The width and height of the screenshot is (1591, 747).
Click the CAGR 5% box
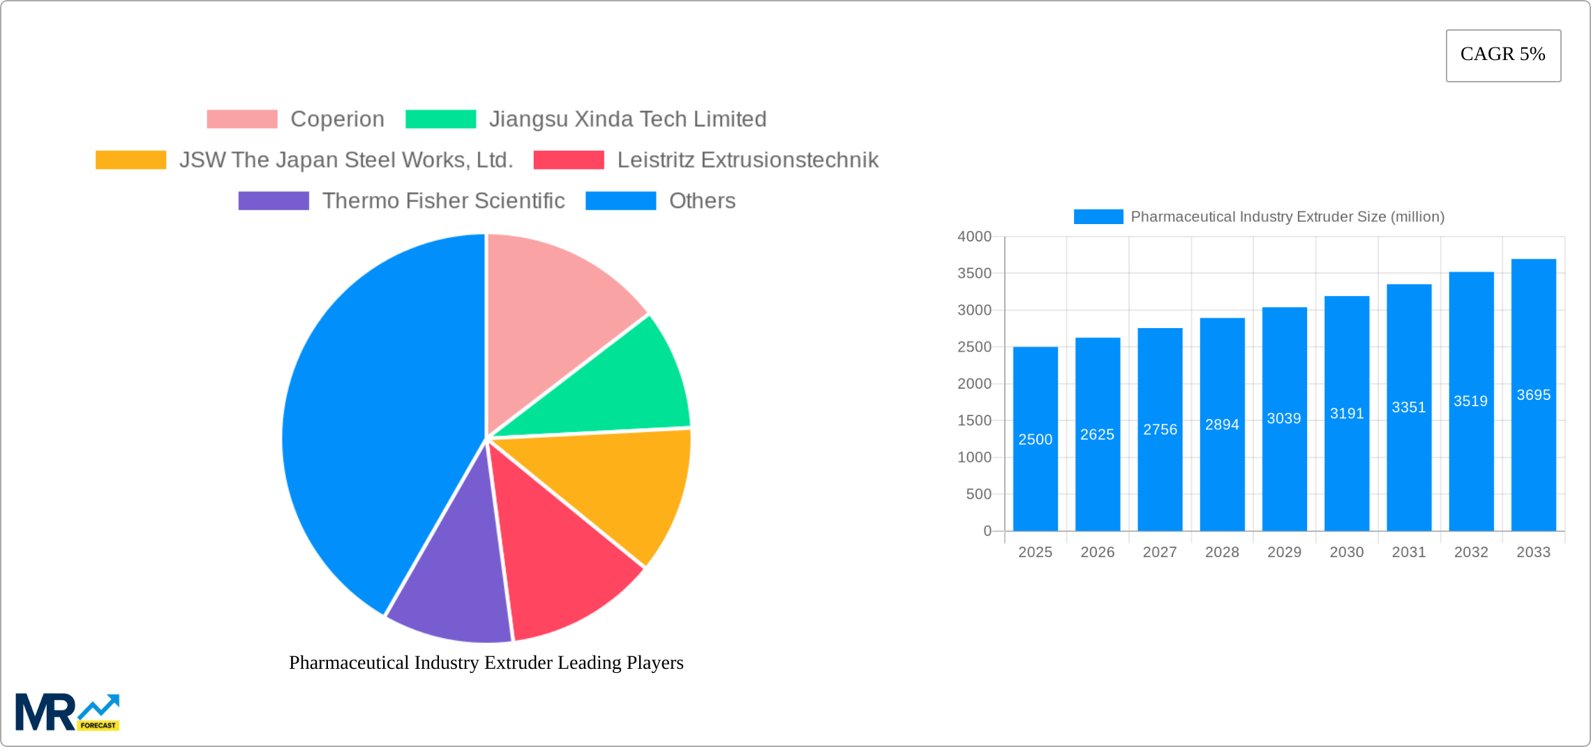point(1503,55)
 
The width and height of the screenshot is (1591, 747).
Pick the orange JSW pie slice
point(621,489)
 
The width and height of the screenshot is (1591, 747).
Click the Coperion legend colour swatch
point(242,119)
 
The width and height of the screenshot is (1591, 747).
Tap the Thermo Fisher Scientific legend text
point(443,201)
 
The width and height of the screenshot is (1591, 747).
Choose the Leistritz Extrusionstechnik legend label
point(747,160)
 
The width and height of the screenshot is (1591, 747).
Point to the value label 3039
point(1284,418)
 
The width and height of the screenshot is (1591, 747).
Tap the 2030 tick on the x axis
point(1346,552)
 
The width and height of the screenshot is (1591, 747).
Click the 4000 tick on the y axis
point(974,237)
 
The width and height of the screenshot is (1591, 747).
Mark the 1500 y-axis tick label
point(974,420)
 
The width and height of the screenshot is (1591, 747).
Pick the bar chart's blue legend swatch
point(1098,217)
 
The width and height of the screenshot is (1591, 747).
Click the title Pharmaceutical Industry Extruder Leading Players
point(486,663)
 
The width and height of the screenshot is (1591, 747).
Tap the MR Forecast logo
point(67,712)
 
